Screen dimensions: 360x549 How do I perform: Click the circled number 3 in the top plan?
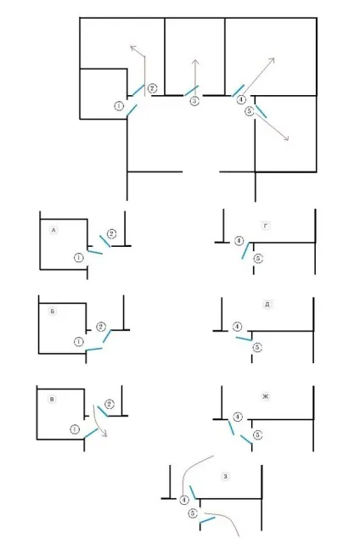(x=194, y=101)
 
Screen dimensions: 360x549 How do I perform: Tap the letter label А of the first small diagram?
(x=53, y=231)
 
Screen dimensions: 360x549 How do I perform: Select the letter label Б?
(x=53, y=311)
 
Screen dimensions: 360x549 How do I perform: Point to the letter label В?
(x=52, y=399)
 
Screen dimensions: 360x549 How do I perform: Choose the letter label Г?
(x=266, y=227)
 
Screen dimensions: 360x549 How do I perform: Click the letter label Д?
(x=267, y=305)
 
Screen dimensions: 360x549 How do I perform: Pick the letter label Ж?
(x=266, y=396)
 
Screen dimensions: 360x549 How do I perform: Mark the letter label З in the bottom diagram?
(x=226, y=476)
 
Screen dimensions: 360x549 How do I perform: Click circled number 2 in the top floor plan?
(x=152, y=88)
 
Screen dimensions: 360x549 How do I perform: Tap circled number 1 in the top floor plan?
(x=119, y=105)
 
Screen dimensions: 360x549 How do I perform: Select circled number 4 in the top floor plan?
(x=241, y=99)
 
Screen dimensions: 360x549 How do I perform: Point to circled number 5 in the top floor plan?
(x=250, y=111)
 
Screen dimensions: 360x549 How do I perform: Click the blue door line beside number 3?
(x=192, y=90)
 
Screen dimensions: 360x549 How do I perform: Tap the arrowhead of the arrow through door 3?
(x=195, y=62)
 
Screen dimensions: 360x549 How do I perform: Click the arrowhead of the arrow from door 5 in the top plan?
(x=286, y=138)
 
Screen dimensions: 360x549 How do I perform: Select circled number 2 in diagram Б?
(x=100, y=327)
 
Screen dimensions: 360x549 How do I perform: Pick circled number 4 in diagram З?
(x=184, y=500)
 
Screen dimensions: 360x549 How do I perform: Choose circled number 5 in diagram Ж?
(x=257, y=434)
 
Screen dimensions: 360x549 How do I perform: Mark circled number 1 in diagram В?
(x=75, y=429)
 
